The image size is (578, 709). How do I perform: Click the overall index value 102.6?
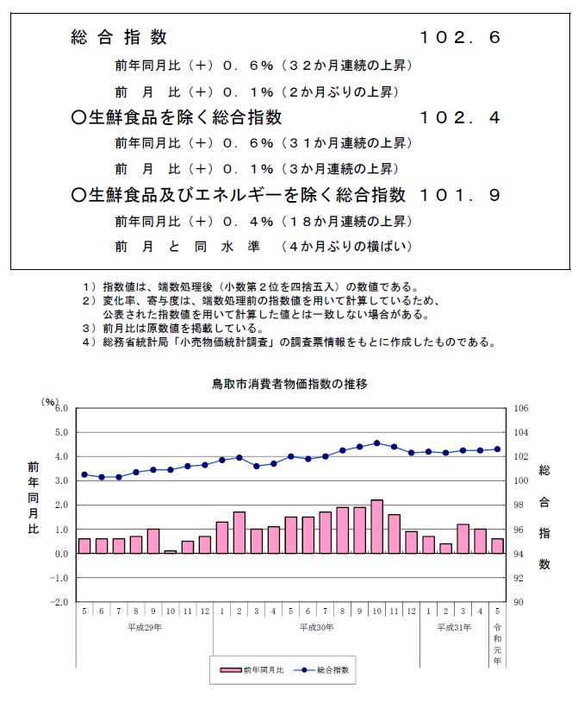tap(459, 37)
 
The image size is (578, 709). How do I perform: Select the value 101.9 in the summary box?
tap(459, 196)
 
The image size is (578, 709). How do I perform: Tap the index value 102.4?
tap(459, 116)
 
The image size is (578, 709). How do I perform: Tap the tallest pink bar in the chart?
tap(376, 526)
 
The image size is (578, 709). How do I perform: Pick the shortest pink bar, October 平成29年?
tap(170, 551)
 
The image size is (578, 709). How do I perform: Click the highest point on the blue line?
tap(376, 442)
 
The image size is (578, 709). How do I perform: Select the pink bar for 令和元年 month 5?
tap(497, 545)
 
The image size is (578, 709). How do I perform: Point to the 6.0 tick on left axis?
tap(61, 408)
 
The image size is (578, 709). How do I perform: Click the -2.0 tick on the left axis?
tap(59, 602)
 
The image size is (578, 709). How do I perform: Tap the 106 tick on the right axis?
tap(519, 408)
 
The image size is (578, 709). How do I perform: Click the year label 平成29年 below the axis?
tap(144, 627)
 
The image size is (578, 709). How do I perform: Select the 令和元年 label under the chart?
tap(497, 643)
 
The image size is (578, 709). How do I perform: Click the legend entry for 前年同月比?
tap(255, 668)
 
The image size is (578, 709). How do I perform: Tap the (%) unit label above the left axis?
tap(49, 400)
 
